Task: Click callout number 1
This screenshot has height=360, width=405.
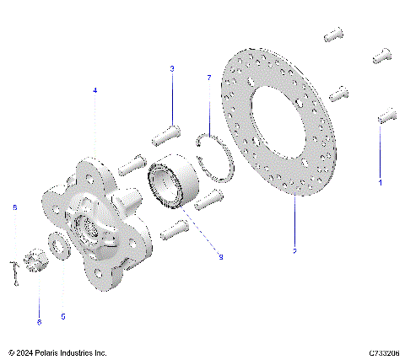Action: pos(380,181)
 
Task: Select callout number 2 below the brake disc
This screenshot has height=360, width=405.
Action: pos(294,250)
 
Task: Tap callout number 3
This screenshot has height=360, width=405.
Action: pos(172,68)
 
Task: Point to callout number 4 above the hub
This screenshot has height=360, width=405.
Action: pos(94,89)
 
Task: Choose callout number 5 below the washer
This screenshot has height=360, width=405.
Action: pos(63,316)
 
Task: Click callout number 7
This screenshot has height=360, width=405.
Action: pos(208,78)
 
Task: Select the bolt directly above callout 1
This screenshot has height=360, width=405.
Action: pos(386,115)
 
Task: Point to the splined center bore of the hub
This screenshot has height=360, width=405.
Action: pos(90,228)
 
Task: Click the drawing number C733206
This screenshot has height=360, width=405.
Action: pos(384,352)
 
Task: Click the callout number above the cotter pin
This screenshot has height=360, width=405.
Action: pos(13,207)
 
